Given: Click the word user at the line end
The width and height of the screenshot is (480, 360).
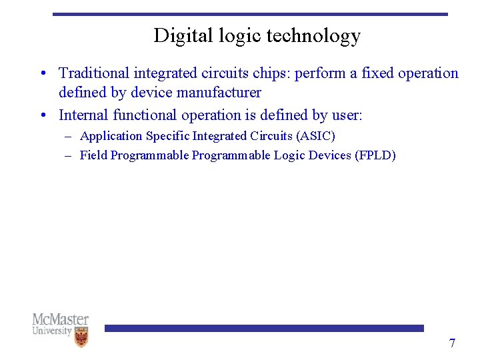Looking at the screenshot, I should pyautogui.click(x=347, y=115).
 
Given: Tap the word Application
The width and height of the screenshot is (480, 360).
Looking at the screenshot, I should pyautogui.click(x=111, y=136).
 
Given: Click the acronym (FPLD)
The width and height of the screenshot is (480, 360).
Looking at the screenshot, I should pyautogui.click(x=375, y=155).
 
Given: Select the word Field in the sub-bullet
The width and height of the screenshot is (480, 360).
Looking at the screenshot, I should pyautogui.click(x=93, y=155).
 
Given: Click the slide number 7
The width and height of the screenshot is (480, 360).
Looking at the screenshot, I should pyautogui.click(x=452, y=343).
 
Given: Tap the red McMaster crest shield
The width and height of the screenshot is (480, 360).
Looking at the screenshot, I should pyautogui.click(x=81, y=337).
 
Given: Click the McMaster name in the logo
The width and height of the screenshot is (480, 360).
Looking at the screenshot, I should pyautogui.click(x=60, y=319).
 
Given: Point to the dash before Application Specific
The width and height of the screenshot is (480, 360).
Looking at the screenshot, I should pyautogui.click(x=69, y=136).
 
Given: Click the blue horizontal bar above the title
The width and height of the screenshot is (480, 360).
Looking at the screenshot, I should pyautogui.click(x=250, y=13).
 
